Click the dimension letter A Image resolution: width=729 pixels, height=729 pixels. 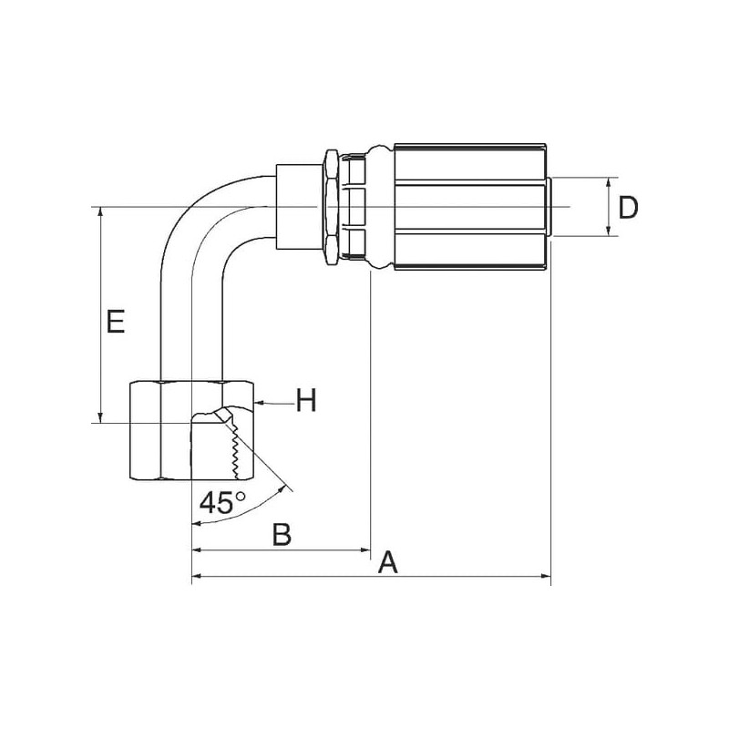[388, 562]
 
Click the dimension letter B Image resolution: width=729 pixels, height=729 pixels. [282, 534]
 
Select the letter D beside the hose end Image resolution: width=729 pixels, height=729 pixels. [628, 208]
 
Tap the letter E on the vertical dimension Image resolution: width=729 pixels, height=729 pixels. [116, 321]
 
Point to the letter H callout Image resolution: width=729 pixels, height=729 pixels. [306, 400]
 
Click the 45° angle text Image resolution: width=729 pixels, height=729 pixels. [222, 502]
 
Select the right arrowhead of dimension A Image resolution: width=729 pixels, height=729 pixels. [546, 577]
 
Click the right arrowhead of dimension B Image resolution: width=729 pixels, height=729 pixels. [365, 550]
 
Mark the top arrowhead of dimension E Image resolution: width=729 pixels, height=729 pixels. [100, 212]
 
